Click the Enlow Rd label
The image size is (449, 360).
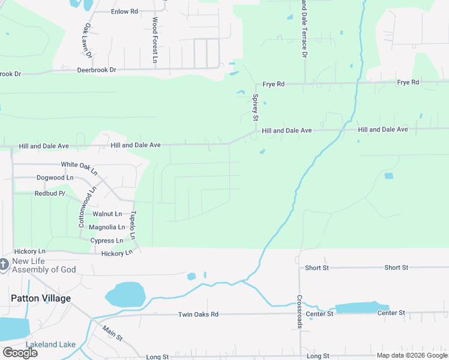pyautogui.click(x=124, y=11)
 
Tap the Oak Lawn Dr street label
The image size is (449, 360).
pyautogui.click(x=88, y=40)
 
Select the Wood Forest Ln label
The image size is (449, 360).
pyautogui.click(x=154, y=40)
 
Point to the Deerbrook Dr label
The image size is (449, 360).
pyautogui.click(x=96, y=70)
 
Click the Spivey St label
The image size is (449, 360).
pyautogui.click(x=255, y=105)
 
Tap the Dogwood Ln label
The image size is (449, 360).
pyautogui.click(x=55, y=178)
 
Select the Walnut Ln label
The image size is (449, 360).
pyautogui.click(x=107, y=214)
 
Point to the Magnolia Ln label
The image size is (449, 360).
pyautogui.click(x=107, y=227)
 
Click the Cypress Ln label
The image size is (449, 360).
pyautogui.click(x=106, y=241)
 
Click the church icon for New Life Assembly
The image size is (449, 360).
pyautogui.click(x=4, y=263)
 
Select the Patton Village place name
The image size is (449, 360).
pyautogui.click(x=41, y=298)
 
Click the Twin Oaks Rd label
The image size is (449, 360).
pyautogui.click(x=198, y=314)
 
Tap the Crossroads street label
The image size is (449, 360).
pyautogui.click(x=299, y=310)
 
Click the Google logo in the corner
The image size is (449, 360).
pyautogui.click(x=20, y=353)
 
